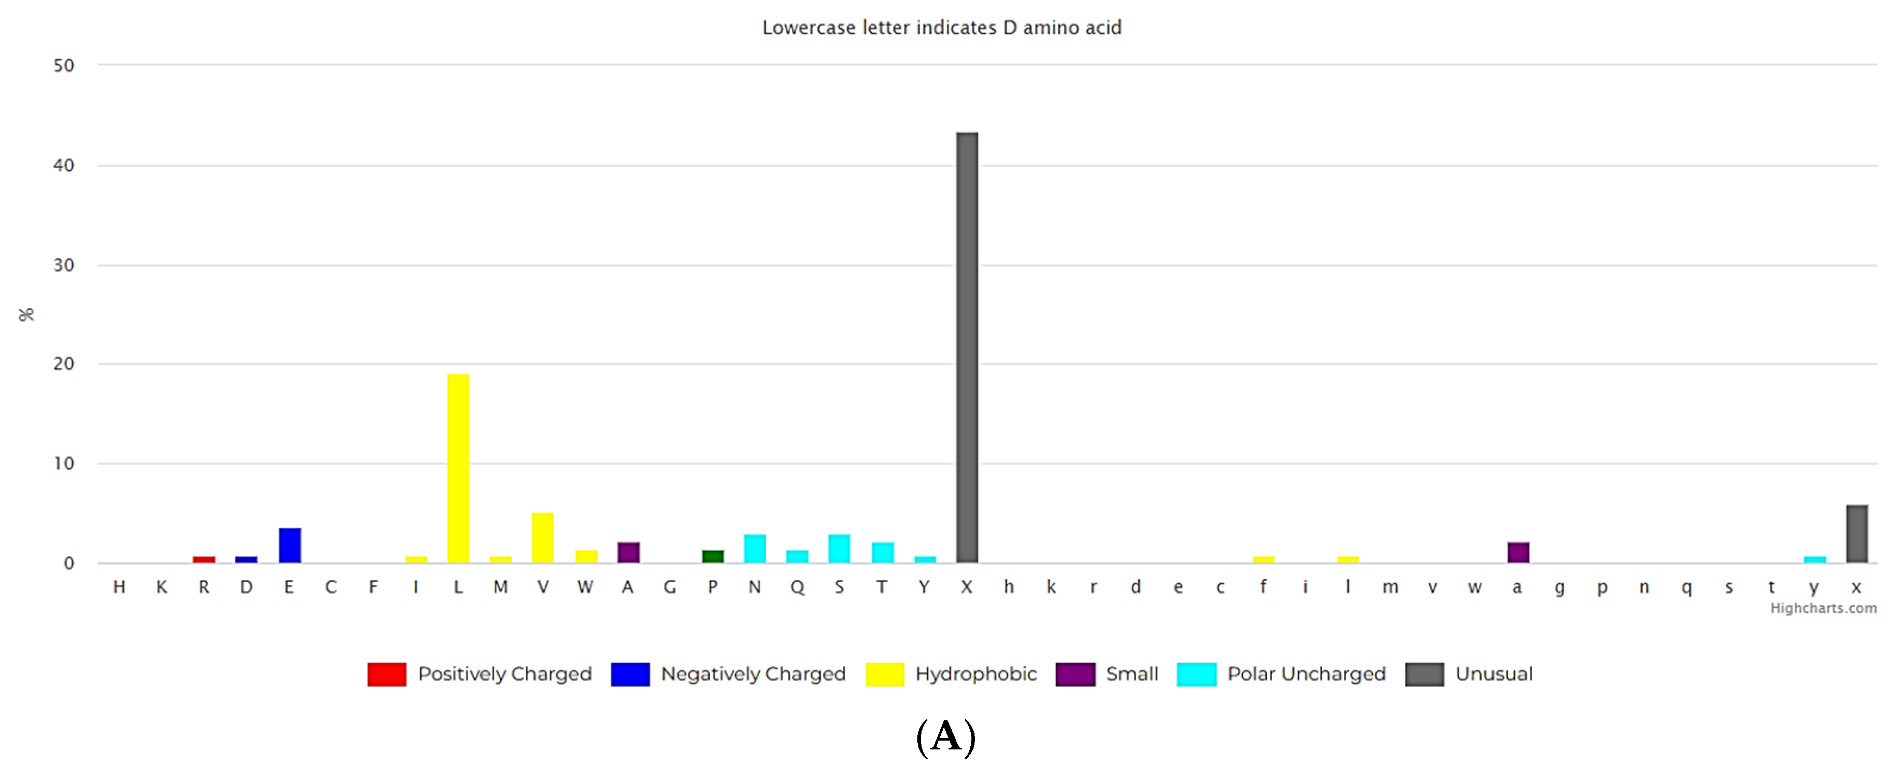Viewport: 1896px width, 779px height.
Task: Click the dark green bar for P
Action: [x=713, y=556]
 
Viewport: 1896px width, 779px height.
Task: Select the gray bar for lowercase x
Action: [x=1856, y=534]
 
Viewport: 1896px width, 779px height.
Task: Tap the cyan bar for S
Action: [x=839, y=548]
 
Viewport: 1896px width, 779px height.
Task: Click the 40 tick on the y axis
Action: [x=64, y=166]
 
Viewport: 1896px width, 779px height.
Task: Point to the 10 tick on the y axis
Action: [x=64, y=463]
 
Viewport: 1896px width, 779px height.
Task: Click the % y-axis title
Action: [x=26, y=315]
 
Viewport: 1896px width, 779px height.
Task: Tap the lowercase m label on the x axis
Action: [x=1390, y=587]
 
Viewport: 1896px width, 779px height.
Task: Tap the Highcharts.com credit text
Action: [x=1823, y=608]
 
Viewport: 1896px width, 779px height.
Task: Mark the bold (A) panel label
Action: [x=946, y=737]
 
